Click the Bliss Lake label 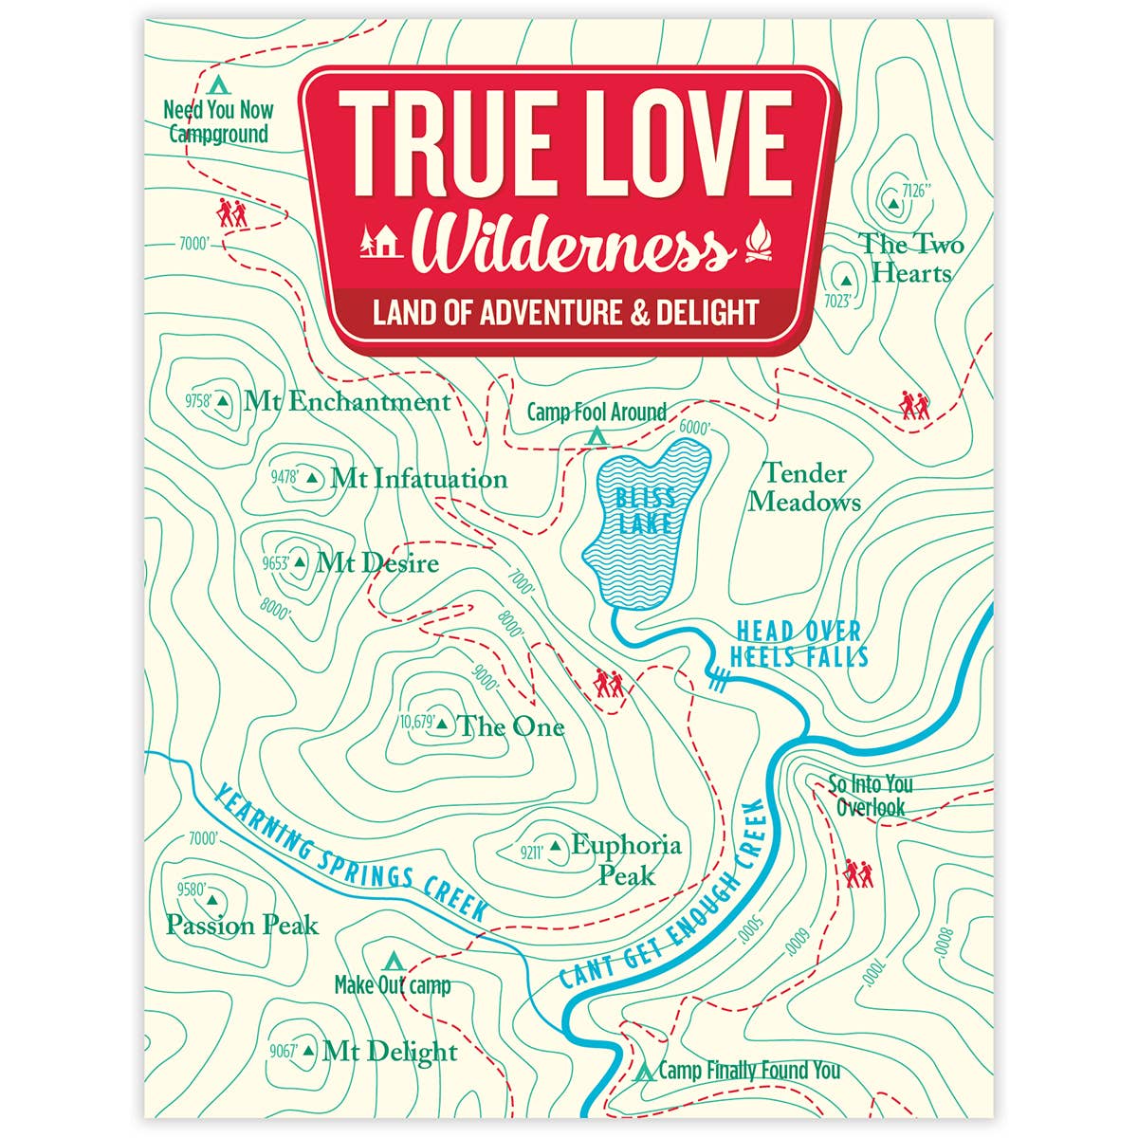(x=645, y=509)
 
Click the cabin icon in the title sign (x=382, y=243)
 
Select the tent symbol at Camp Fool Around (x=597, y=435)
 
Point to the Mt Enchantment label (x=346, y=401)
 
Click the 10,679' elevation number (x=417, y=723)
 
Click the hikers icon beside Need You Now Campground (x=232, y=212)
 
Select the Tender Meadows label (x=804, y=486)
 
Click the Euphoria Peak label (x=626, y=858)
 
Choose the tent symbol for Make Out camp (x=391, y=958)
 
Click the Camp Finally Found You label (x=749, y=1071)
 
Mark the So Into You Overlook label (x=871, y=796)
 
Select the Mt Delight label (x=390, y=1052)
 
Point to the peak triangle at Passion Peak (x=211, y=896)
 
